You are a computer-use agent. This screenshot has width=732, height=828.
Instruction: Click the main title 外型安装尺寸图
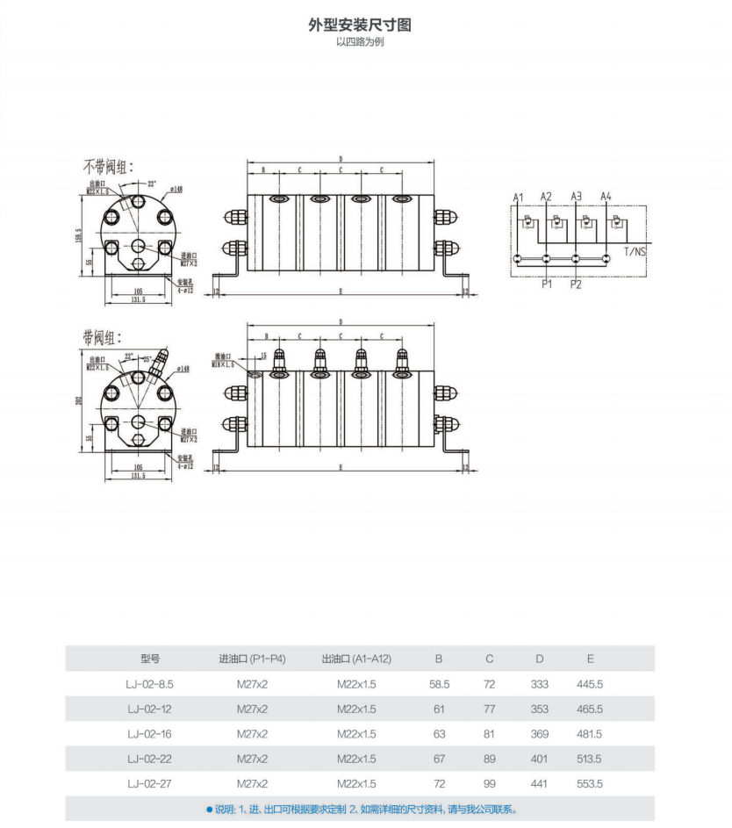[x=359, y=25]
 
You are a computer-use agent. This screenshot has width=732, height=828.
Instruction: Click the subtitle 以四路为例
[x=359, y=43]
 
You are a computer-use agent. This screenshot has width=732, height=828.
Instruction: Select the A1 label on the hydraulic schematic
[x=518, y=196]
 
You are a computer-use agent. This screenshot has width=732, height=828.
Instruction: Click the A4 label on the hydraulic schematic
[x=606, y=196]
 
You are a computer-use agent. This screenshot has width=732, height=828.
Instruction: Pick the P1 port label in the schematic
[x=546, y=284]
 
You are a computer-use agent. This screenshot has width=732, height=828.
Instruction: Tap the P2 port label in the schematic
[x=576, y=284]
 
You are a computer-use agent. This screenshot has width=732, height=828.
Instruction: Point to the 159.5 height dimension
[x=78, y=237]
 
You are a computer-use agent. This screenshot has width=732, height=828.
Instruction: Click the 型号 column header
[x=150, y=659]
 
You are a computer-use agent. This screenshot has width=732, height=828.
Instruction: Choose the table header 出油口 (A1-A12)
[x=356, y=659]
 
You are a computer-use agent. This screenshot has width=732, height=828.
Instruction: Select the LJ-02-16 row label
[x=150, y=734]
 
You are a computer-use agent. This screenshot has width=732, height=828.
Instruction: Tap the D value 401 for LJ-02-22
[x=540, y=759]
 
